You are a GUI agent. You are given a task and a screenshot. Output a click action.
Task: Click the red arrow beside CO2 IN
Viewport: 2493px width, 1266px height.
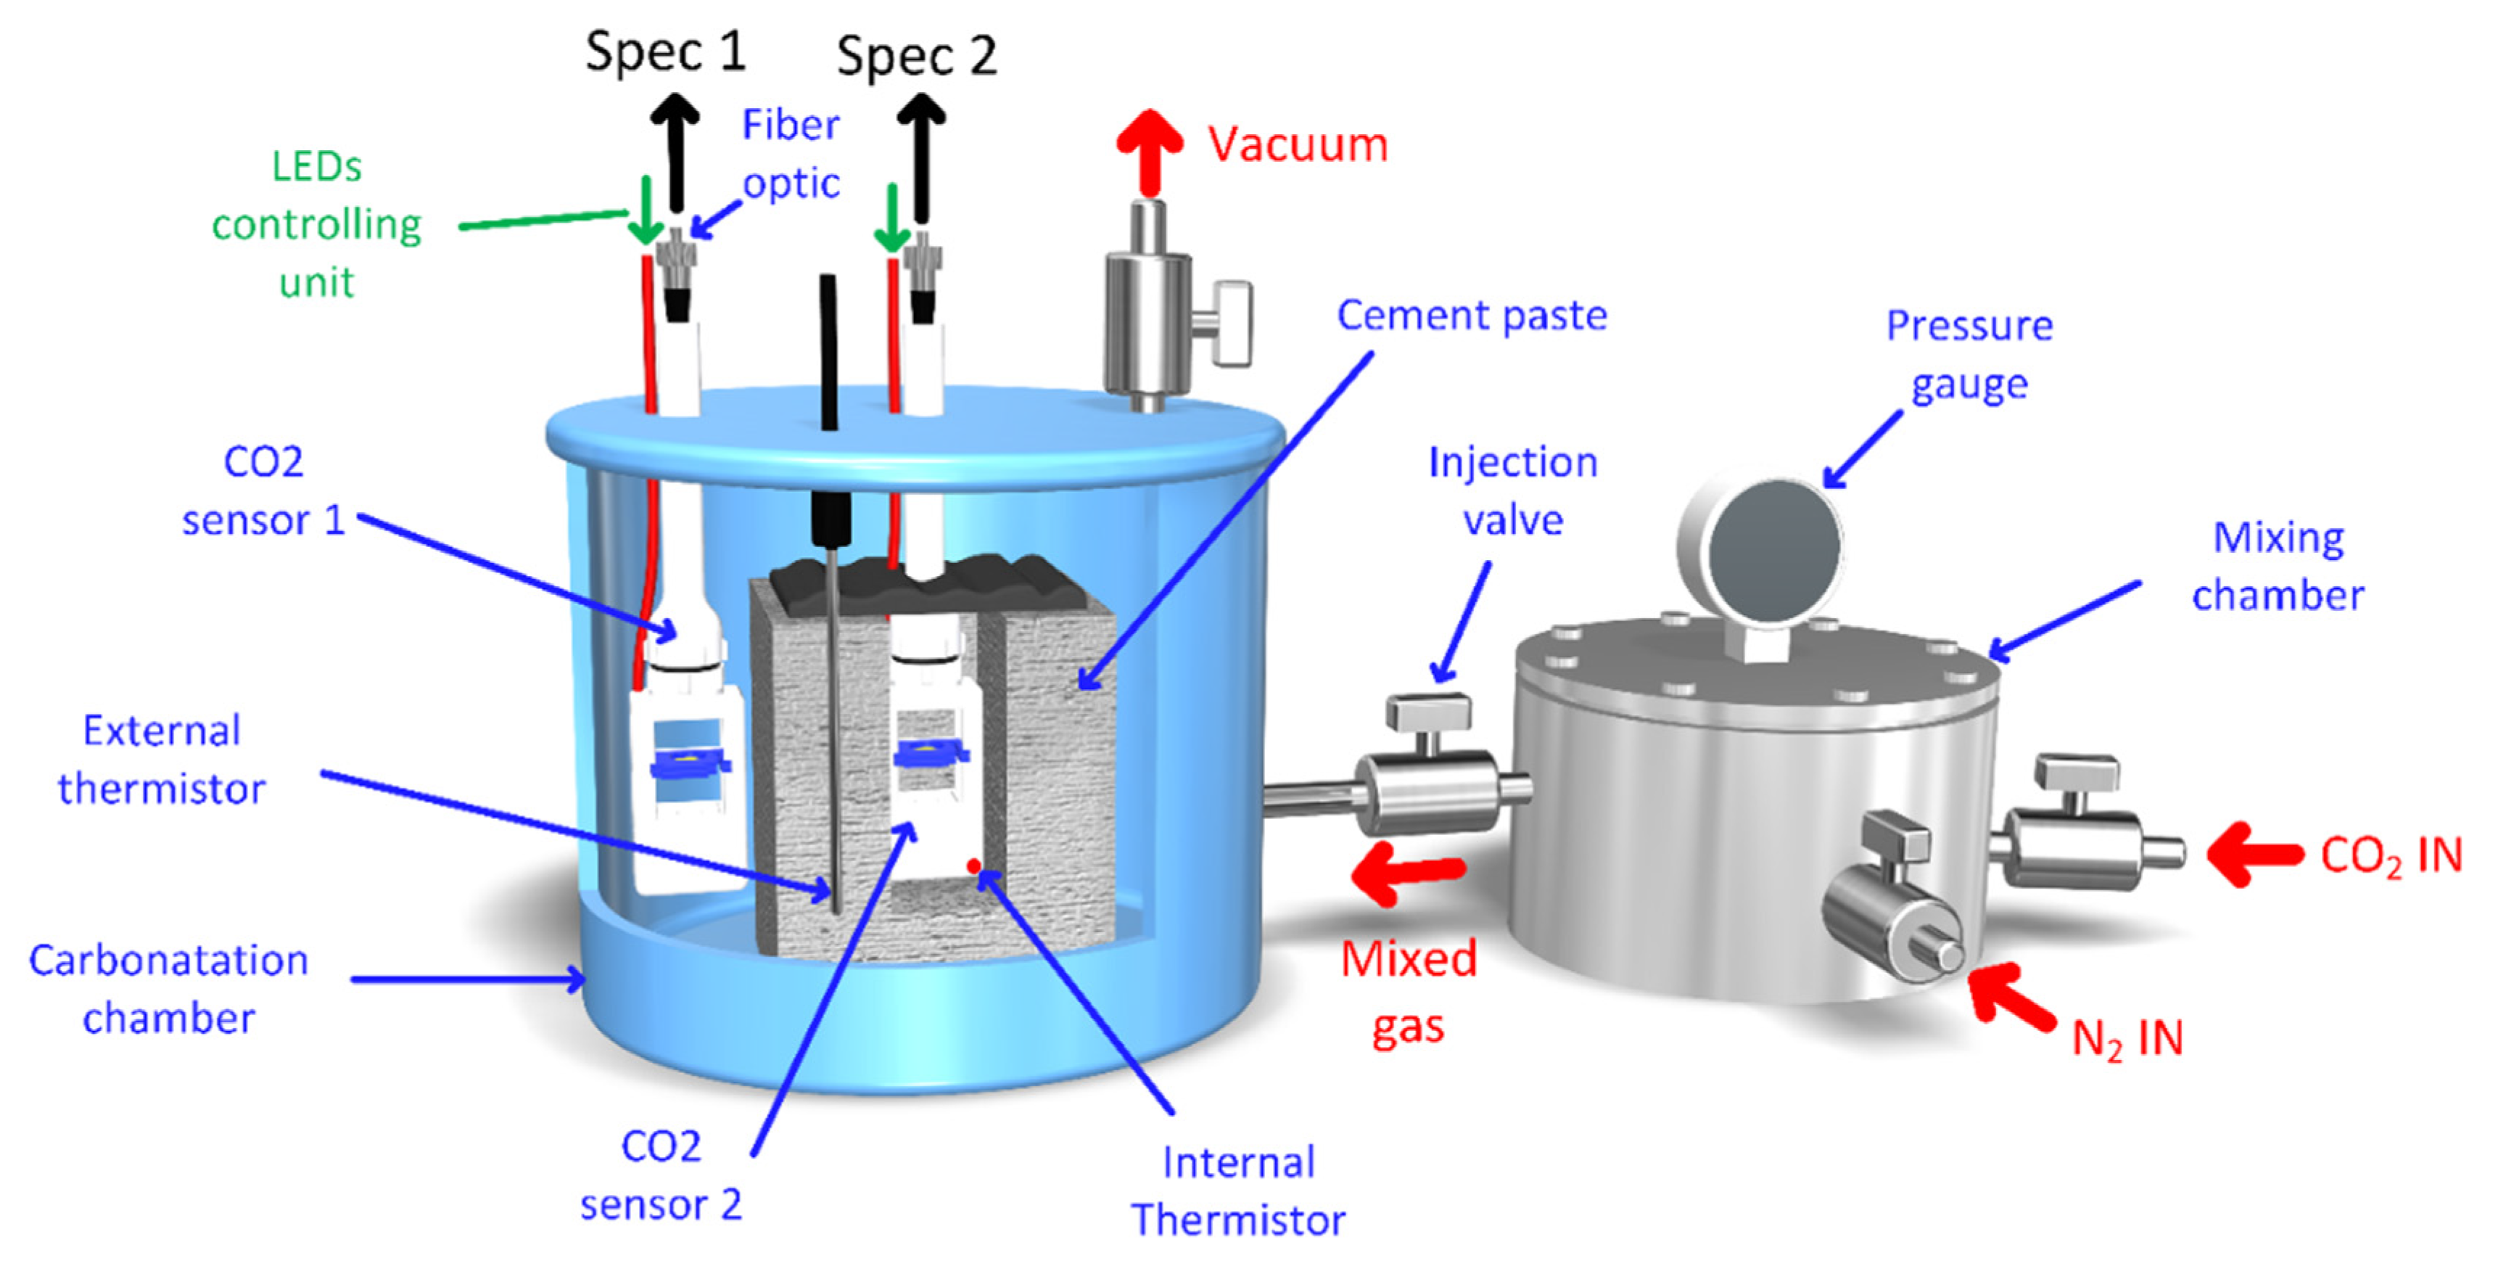[x=2255, y=854]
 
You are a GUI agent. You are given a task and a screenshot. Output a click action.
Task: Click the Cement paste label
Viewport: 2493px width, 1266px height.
[x=1471, y=316]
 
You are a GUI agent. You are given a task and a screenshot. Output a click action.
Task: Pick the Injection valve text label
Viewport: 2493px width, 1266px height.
[x=1512, y=490]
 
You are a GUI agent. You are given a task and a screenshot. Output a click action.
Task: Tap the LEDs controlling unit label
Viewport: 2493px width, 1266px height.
[x=316, y=225]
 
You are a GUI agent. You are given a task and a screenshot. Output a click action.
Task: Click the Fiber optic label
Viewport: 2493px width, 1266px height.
[x=791, y=154]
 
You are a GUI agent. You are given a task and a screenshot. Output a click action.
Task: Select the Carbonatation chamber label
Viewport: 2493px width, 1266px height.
[x=168, y=989]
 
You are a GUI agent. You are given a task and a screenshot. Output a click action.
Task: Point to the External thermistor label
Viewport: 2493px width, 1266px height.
[x=162, y=760]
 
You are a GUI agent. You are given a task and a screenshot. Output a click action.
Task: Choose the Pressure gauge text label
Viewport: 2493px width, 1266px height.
[x=1969, y=354]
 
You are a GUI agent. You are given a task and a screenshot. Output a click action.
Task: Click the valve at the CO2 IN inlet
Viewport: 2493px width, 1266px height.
[x=2081, y=842]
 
